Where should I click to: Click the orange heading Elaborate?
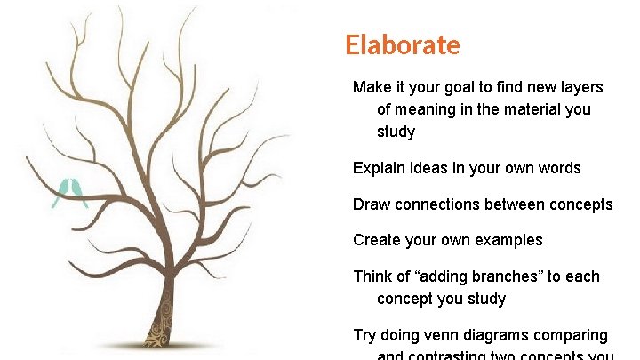[x=403, y=45]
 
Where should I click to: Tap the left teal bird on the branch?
[x=63, y=191]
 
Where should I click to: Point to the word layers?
[x=581, y=87]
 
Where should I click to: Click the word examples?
[x=508, y=240]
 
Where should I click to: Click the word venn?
[x=437, y=335]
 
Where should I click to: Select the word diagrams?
[x=497, y=335]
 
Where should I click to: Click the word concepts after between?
[x=579, y=204]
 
